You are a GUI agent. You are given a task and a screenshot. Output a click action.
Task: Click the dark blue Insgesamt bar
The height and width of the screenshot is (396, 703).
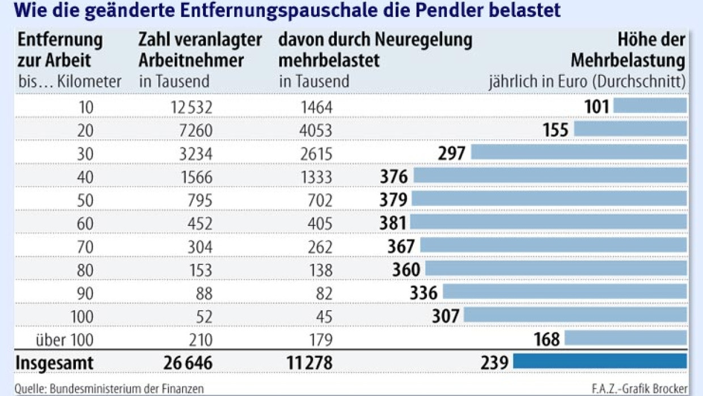click(x=599, y=361)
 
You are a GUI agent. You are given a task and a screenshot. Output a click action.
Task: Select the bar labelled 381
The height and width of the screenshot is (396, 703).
click(x=548, y=221)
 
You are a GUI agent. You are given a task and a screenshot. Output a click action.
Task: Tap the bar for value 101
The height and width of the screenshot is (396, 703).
click(x=650, y=106)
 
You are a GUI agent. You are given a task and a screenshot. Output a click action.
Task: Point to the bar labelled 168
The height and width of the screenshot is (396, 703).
click(x=625, y=339)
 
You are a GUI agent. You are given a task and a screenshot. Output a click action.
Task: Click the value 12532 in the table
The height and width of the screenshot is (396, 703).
click(x=191, y=106)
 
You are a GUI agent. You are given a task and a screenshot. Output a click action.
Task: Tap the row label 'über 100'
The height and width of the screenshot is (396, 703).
click(x=63, y=339)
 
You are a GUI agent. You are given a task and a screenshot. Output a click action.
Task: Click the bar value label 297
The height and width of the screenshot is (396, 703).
click(x=451, y=153)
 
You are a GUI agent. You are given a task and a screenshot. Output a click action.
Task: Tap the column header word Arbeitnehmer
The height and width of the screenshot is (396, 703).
click(x=191, y=60)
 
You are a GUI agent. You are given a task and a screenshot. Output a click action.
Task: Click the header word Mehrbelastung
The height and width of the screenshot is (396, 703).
click(x=628, y=60)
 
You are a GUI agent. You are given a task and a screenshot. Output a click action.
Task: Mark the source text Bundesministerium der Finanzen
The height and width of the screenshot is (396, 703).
click(x=126, y=389)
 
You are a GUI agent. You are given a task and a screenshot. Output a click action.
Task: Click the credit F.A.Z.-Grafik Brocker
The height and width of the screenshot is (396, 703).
click(x=638, y=389)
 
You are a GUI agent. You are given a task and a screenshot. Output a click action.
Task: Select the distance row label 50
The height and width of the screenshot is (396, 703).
click(x=84, y=200)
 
